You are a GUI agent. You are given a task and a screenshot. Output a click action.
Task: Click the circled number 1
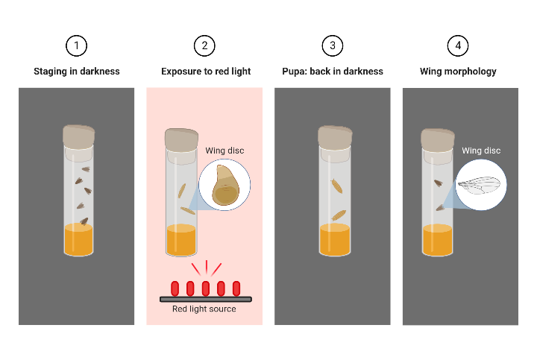pos(76,45)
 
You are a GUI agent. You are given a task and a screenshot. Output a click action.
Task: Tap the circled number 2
pos(204,45)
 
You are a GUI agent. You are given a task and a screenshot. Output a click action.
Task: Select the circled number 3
pos(333,45)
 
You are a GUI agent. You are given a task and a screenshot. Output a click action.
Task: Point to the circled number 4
pos(458,45)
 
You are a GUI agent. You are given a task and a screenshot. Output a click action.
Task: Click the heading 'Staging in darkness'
pos(76,72)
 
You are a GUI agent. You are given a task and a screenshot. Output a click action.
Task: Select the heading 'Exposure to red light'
pos(206,72)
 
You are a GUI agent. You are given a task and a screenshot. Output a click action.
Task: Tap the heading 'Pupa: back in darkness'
pos(333,72)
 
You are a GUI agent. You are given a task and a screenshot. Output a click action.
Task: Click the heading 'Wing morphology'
pos(459,72)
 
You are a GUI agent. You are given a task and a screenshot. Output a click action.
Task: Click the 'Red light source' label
pos(204,309)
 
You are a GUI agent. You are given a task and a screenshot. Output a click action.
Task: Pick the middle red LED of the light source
pos(206,288)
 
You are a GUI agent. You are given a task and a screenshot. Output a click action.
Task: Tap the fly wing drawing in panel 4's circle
pos(480,185)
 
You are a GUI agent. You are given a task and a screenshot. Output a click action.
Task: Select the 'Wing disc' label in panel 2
pos(224,151)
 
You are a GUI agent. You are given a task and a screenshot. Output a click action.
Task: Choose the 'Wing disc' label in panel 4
pos(481,151)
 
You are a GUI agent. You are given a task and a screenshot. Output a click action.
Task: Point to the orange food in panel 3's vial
pos(334,240)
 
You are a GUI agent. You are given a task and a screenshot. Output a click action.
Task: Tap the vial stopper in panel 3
pos(334,136)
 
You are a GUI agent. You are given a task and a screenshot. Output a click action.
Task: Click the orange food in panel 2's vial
pos(180,240)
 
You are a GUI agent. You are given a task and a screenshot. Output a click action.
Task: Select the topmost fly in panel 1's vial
pos(85,170)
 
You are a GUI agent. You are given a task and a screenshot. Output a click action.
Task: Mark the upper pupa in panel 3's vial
pos(337,186)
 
